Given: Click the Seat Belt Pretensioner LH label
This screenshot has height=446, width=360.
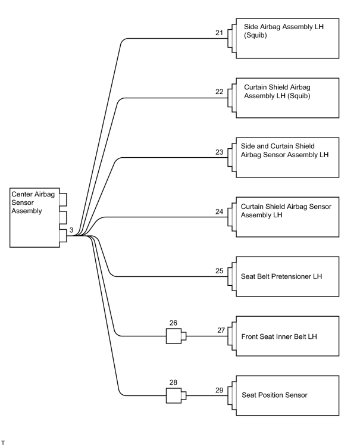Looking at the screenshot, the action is coord(281,276).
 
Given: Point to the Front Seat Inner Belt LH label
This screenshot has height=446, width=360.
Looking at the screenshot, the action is coord(279,336).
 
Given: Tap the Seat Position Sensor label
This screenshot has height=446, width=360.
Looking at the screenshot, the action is coord(274,395).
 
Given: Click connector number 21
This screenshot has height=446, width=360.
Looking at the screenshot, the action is coord(219,33).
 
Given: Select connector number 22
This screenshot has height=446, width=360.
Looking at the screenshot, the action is coord(219,92).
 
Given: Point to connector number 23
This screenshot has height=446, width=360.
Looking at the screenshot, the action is coord(219,152).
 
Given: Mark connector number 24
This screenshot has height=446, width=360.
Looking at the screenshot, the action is coord(219,211).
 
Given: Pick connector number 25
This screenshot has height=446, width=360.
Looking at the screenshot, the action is coord(219,271).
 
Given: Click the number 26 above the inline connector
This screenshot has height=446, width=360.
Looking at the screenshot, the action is coord(173,323).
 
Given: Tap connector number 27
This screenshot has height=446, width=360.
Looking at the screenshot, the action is coord(221,330).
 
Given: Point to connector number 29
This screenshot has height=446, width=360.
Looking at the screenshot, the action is coord(219,390).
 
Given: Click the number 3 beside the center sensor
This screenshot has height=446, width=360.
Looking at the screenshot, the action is coord(71,230).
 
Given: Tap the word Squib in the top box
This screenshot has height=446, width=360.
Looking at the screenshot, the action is coord(255,35).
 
